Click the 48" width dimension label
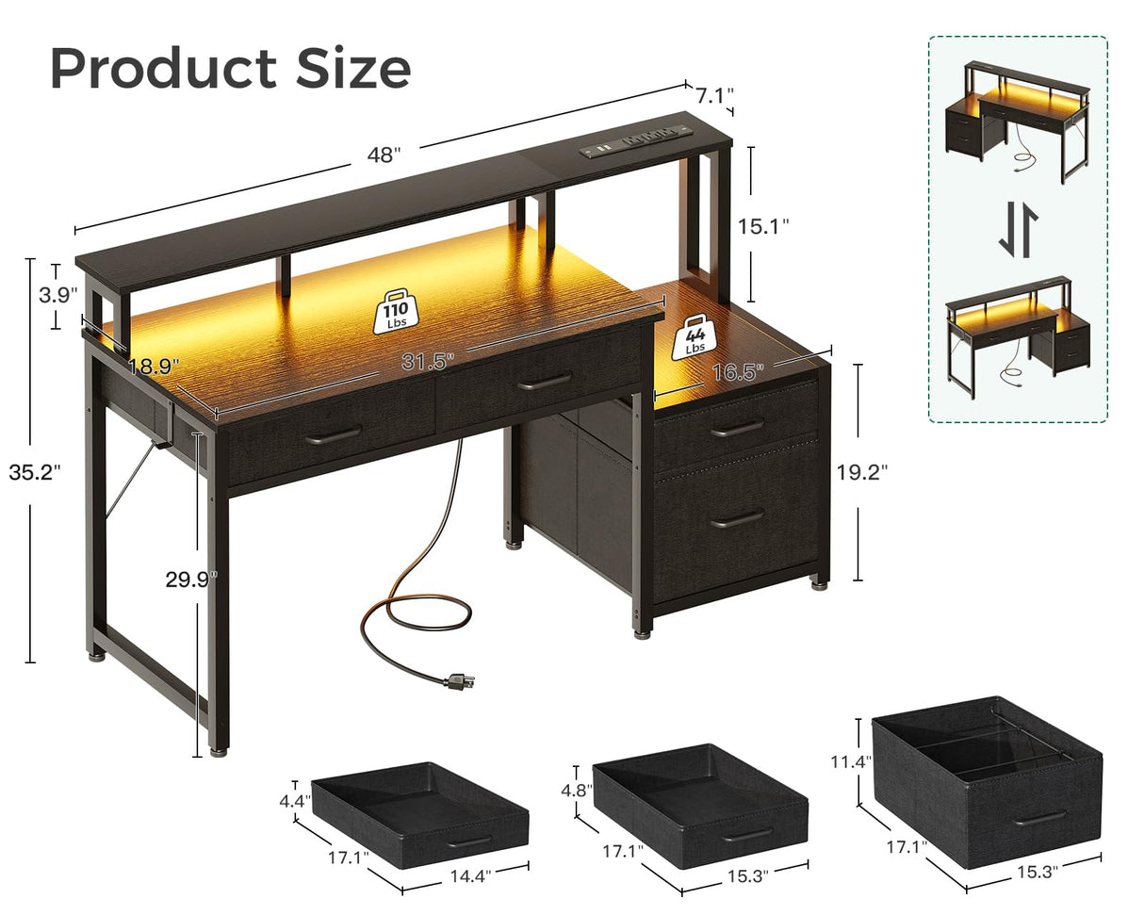[384, 156]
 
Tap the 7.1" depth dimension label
[714, 95]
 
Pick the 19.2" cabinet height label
[862, 471]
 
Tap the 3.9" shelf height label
[57, 295]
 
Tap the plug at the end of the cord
[459, 679]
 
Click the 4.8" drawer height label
[577, 789]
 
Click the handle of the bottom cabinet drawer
[737, 519]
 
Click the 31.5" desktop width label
[428, 360]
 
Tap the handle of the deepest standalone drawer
[1039, 817]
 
